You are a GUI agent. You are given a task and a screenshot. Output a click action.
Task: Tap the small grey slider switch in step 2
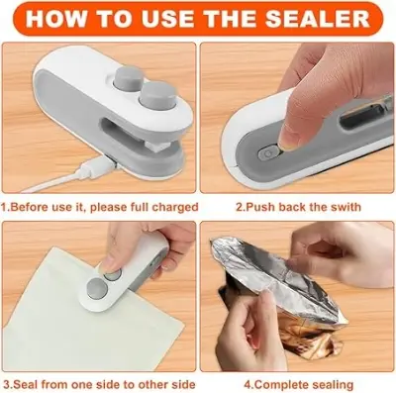coord(265,152)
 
